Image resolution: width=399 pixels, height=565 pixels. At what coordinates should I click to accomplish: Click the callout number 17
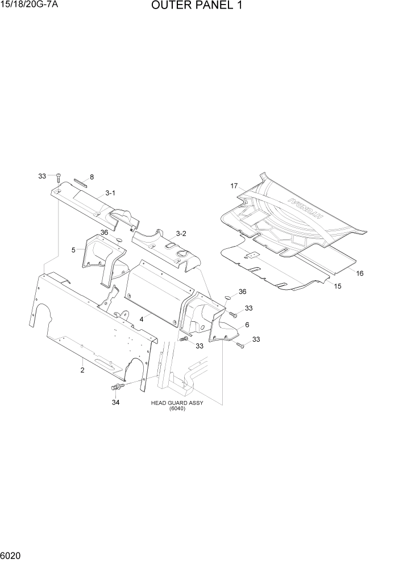coord(234,186)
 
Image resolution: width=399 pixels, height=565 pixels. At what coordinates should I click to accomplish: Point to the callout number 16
coord(359,273)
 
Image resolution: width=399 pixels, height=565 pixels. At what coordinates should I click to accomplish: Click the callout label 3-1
coord(110,193)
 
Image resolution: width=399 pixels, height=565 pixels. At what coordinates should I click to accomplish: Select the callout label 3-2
coord(181,233)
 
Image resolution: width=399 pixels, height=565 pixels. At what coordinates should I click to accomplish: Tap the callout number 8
coord(92,177)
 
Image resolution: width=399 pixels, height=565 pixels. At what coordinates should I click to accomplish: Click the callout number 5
coord(73,249)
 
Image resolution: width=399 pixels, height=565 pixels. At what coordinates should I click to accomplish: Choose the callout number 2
coord(82,370)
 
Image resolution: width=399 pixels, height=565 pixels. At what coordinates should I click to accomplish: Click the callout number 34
coord(117,402)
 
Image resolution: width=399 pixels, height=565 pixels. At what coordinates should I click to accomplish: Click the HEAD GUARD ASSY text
coord(177,403)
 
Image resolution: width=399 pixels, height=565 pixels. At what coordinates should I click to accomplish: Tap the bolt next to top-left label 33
coord(58,178)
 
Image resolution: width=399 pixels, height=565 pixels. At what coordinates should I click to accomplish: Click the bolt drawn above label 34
coord(118,387)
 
